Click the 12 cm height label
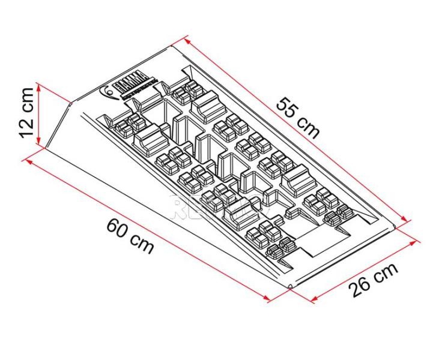[25, 112]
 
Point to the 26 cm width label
[374, 280]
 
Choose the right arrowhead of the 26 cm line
[418, 242]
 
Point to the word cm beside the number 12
[26, 98]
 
